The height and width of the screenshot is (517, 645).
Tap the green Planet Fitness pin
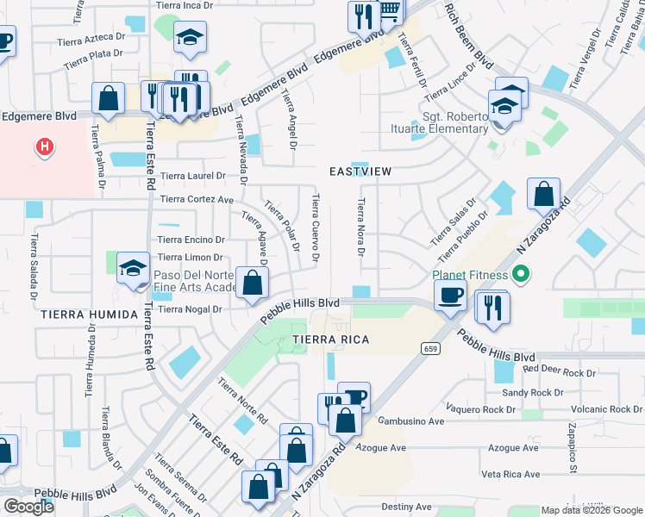[x=520, y=276]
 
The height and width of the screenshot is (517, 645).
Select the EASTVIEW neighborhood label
[x=360, y=171]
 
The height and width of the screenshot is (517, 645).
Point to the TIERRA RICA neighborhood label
[x=329, y=339]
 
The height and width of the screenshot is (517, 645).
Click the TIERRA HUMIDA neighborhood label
[x=89, y=315]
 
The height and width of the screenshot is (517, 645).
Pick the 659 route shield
[x=429, y=348]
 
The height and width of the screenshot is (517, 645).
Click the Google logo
[x=28, y=507]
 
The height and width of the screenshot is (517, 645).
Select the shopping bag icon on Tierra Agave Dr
[x=252, y=284]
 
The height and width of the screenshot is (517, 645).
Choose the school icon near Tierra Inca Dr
[x=190, y=37]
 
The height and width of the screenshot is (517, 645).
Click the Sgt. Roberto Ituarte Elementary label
[x=454, y=123]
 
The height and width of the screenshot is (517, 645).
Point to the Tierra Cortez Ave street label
[x=197, y=200]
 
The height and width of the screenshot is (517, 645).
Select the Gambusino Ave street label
[x=410, y=421]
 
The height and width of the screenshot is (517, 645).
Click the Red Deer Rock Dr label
[x=559, y=372]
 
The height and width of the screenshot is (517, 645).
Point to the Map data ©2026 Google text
[x=590, y=510]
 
